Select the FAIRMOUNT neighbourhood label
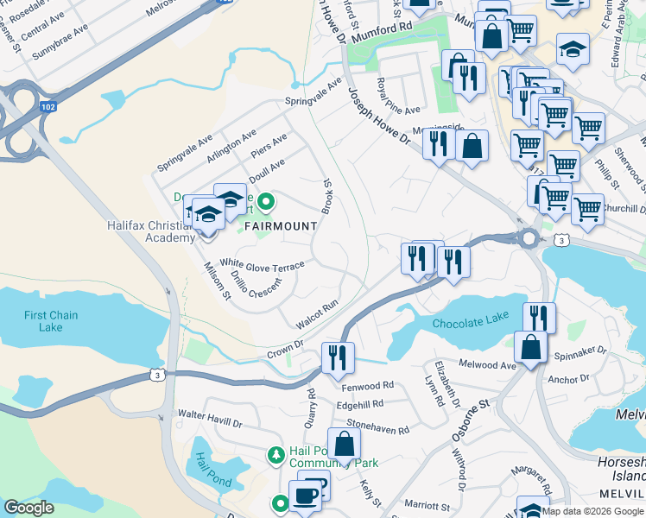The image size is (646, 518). tap(279, 225)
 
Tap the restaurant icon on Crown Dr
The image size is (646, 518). tap(338, 357)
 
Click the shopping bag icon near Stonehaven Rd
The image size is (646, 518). tap(345, 445)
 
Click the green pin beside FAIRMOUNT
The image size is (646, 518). tap(267, 204)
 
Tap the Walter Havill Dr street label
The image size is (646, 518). tap(210, 420)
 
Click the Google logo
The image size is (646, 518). tap(29, 508)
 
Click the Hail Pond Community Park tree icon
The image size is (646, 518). tap(276, 454)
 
